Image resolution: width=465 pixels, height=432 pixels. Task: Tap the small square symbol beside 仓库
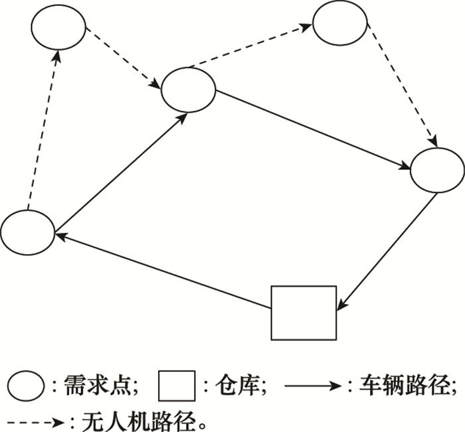coord(177,386)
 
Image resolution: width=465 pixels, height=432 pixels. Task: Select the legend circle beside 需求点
coord(26,386)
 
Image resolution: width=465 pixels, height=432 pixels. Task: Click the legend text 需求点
coord(97,386)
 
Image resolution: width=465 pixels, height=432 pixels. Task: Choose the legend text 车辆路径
coord(404,386)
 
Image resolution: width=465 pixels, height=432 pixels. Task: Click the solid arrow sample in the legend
coord(313,386)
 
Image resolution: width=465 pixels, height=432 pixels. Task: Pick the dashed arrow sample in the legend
coord(36,423)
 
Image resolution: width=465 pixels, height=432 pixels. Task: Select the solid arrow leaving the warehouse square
coord(163,271)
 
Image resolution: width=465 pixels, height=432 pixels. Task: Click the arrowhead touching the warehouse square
coord(340,305)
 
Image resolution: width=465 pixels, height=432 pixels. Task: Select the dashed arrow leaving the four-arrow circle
coord(251,46)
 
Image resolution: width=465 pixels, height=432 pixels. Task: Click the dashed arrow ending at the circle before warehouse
coord(402,86)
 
